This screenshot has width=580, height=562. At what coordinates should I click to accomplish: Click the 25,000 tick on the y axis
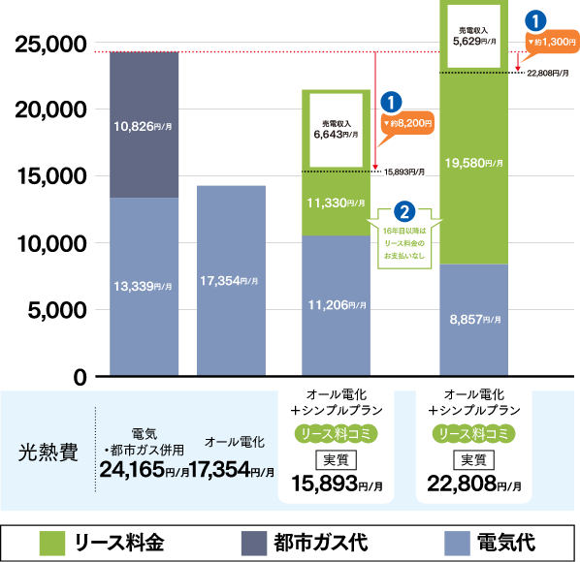coord(50,45)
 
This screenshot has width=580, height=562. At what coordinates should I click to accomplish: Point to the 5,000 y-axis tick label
coord(57,310)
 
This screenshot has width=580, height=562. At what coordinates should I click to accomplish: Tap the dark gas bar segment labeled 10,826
coord(144,125)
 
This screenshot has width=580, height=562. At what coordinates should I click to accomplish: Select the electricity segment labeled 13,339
coord(144,287)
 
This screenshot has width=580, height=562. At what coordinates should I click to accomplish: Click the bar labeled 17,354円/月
coord(231,281)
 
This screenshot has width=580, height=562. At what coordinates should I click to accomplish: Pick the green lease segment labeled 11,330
coord(336,203)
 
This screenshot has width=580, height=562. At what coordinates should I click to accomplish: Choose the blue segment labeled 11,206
coord(336,305)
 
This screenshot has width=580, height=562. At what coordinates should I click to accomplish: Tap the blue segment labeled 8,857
coord(474,320)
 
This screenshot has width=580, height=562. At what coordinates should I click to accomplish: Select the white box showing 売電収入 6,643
coord(336,130)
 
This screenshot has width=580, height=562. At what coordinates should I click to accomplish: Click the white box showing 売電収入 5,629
coord(474,36)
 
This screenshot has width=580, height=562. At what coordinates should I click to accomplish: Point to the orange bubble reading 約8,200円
coord(407,123)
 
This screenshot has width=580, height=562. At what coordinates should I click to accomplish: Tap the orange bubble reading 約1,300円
coord(552,42)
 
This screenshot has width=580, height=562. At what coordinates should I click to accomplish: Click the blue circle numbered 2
coord(404,212)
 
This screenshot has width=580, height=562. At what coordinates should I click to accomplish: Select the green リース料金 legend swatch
coord(52,544)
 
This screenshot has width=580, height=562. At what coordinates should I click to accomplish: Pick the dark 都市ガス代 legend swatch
coord(254,544)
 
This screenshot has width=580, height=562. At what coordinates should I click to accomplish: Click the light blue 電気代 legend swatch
coord(457,544)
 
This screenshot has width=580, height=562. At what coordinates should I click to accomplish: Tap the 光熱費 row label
coord(48,453)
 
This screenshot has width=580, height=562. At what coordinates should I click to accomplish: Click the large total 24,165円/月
coord(145,470)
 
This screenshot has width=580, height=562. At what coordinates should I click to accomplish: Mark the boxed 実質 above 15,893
coord(336,460)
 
